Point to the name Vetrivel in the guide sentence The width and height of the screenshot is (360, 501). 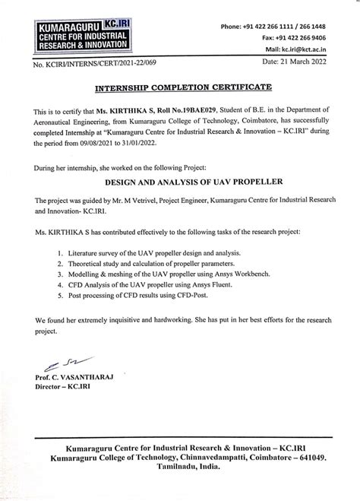161,221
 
